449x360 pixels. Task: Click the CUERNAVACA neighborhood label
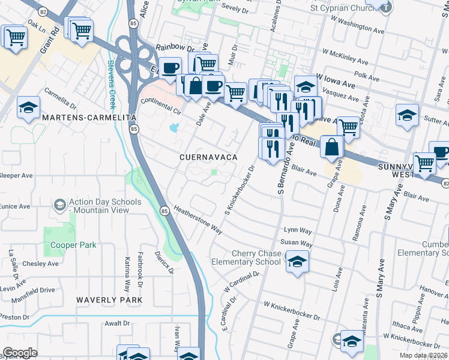(x=208, y=157)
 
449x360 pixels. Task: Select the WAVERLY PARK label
(x=109, y=299)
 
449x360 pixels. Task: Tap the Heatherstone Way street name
(x=198, y=220)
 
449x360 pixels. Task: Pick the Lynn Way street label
(x=298, y=230)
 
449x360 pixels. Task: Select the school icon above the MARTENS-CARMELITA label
(x=28, y=107)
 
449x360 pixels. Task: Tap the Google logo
(x=20, y=353)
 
